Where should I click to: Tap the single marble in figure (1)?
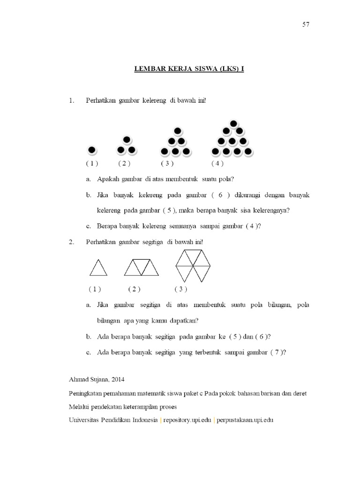tap(92, 150)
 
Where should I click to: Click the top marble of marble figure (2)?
tap(126, 140)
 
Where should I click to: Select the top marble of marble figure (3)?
tap(177, 131)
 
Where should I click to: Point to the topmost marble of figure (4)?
tap(233, 124)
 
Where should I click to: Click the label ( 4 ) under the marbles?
tap(217, 164)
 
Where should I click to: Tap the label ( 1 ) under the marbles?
tap(92, 164)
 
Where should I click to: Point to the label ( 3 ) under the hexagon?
tap(181, 289)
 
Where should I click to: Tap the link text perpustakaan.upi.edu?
tap(244, 420)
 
